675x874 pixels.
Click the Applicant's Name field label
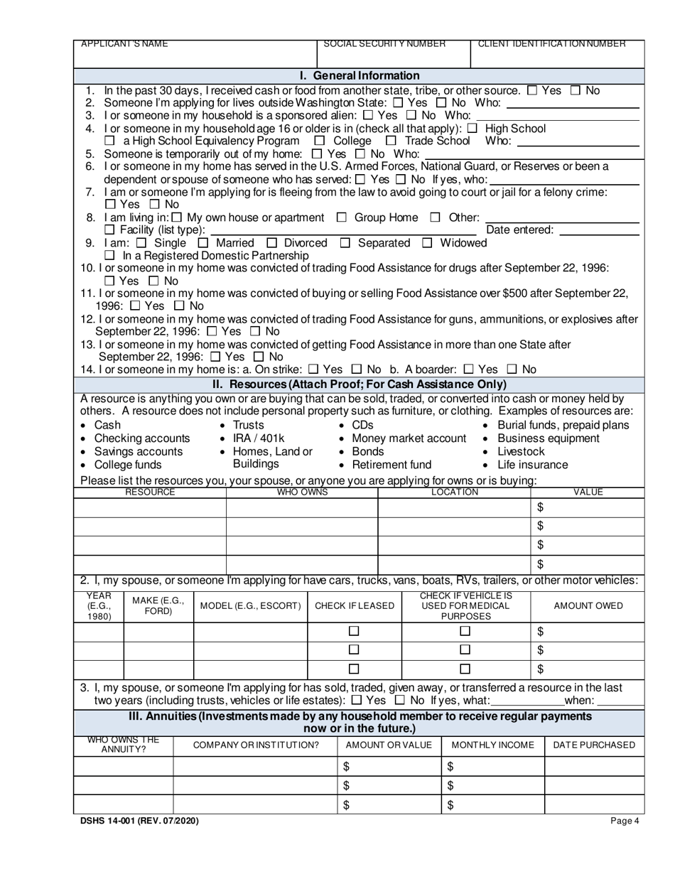tap(125, 44)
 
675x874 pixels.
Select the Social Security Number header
tap(384, 44)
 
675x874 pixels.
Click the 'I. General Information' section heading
tap(360, 75)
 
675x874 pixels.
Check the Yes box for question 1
tap(533, 91)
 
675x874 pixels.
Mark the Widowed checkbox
tap(427, 244)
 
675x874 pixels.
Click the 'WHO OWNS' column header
tap(302, 492)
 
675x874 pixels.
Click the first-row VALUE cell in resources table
tap(588, 507)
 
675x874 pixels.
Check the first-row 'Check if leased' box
tap(355, 631)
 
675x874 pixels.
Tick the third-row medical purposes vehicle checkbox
tap(465, 668)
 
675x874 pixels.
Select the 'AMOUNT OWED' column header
tap(588, 605)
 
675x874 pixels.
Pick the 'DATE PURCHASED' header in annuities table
tap(594, 745)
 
